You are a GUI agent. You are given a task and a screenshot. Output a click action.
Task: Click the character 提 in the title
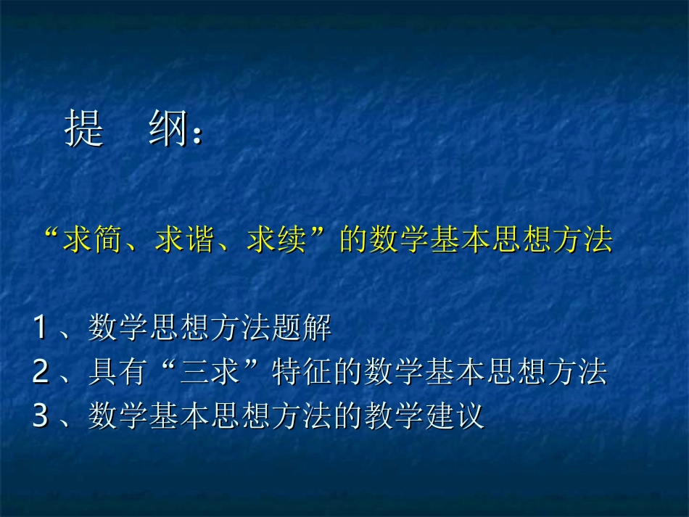coord(85,129)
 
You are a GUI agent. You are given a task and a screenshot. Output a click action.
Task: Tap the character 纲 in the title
coord(169,129)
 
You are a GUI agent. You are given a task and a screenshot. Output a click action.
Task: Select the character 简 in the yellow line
coord(109,240)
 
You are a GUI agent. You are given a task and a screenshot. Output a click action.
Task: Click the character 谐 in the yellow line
coord(201,240)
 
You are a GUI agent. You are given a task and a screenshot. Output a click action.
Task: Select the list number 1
coord(41,329)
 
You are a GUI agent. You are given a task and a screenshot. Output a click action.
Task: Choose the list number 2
coord(41,373)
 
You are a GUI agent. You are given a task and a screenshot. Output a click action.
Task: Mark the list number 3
coord(41,418)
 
